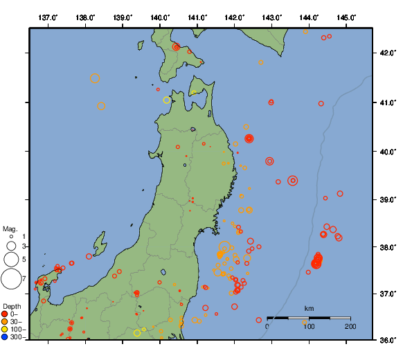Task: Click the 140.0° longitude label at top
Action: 160,16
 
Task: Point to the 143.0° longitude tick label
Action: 272,16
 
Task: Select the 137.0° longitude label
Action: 48,16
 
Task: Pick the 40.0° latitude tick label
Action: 388,152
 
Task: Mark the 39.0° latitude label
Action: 388,199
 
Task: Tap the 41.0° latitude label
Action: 388,102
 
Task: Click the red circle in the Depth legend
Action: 5,314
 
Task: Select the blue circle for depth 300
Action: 5,337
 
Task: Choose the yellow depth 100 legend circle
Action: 5,330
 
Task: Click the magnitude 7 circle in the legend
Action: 11,279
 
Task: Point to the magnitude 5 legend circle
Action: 11,259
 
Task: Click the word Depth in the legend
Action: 12,306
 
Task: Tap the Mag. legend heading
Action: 10,228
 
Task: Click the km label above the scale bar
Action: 309,308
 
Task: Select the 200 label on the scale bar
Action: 350,326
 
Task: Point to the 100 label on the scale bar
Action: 309,326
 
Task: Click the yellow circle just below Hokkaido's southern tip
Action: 167,100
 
